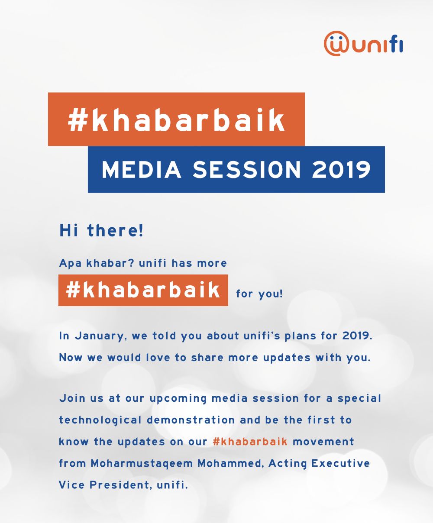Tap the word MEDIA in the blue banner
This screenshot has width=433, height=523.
point(141,170)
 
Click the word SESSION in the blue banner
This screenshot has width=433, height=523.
point(246,170)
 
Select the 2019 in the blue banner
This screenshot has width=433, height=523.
point(341,170)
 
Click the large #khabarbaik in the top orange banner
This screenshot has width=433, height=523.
point(176,120)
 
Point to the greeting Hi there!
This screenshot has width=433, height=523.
point(101,230)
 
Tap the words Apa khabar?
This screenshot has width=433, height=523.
point(97,263)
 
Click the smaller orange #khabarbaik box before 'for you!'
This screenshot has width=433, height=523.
point(143,290)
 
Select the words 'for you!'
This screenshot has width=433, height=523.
point(260,294)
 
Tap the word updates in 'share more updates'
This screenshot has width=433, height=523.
point(287,358)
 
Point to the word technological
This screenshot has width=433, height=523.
point(100,420)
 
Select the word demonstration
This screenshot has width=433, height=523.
point(191,420)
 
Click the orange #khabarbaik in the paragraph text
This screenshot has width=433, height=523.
point(250,442)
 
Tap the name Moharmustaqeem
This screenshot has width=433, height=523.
point(142,464)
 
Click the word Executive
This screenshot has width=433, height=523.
point(340,463)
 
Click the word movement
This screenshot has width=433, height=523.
point(323,442)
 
